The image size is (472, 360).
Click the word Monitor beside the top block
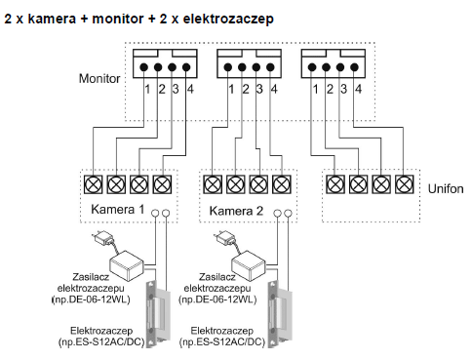99,79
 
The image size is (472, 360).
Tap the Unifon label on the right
446,188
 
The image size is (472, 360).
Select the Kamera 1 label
118,209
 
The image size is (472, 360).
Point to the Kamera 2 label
236,211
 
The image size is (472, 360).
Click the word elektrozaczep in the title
228,19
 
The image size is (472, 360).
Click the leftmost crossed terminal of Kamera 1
94,184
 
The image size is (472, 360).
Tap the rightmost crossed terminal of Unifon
405,184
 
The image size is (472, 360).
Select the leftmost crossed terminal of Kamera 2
213,184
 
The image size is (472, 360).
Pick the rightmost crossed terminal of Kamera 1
162,184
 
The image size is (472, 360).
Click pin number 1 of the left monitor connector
147,89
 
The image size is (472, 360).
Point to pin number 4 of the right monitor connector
358,89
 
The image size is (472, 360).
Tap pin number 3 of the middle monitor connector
259,89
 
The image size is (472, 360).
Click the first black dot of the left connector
144,67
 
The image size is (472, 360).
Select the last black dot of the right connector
354,67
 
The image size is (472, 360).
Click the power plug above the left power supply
102,238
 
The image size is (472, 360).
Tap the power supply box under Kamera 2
248,265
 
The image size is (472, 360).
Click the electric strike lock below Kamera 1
157,314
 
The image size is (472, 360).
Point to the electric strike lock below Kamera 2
280,314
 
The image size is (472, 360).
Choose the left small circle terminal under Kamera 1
155,214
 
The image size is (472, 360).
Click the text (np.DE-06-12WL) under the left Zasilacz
91,300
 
